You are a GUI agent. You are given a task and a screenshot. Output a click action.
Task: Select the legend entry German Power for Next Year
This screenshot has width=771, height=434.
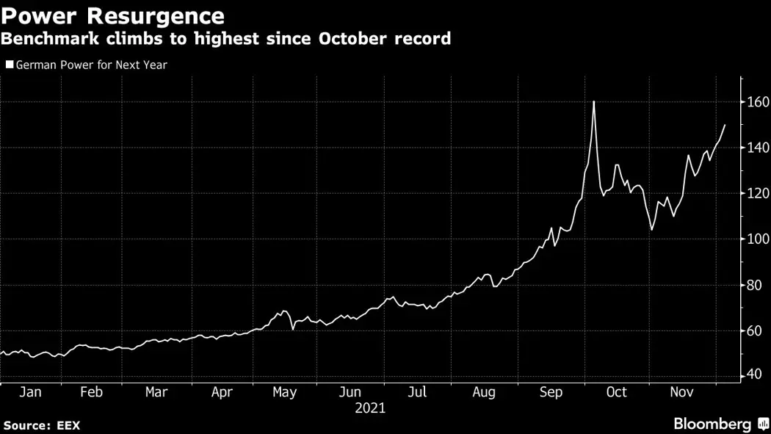[87, 65]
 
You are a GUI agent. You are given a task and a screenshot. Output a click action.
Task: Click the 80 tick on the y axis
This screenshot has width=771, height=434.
[756, 285]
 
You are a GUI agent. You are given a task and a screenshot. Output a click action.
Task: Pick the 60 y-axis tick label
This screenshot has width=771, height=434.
[756, 330]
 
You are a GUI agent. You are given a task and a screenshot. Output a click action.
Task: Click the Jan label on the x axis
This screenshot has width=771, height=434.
[30, 392]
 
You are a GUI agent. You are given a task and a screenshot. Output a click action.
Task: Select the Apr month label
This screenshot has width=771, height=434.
[222, 392]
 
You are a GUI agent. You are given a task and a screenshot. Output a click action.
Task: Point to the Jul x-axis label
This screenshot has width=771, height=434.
[417, 392]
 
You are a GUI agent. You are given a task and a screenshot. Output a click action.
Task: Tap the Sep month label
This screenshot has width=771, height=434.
[551, 392]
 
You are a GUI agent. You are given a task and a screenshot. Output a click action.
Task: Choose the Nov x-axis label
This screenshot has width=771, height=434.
[681, 392]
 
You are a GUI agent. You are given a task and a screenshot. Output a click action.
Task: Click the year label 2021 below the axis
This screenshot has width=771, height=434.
[370, 408]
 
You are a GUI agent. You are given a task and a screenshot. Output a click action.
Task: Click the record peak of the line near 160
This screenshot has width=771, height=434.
[593, 101]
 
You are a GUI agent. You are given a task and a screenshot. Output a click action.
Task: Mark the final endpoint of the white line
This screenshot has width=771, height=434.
[725, 125]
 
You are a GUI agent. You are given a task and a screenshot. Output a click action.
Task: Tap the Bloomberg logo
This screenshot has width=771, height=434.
[720, 424]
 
